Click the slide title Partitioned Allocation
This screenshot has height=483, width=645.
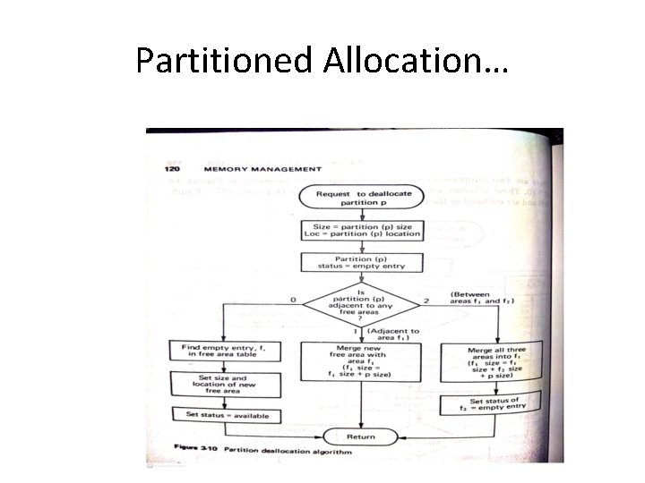322,60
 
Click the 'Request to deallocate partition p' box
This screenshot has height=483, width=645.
360,199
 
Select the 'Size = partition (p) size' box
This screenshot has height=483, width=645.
360,230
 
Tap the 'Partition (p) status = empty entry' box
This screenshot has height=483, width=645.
360,261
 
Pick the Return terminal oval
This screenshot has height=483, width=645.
360,436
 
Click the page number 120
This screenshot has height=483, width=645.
172,167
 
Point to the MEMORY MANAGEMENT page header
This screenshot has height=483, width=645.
262,168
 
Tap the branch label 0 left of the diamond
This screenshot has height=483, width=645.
293,300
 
